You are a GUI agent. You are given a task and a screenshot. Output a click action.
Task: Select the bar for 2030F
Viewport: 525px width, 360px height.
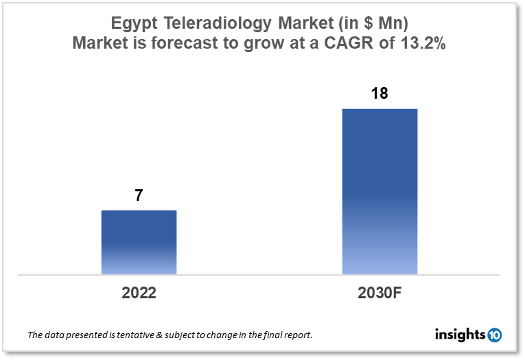[x=380, y=191]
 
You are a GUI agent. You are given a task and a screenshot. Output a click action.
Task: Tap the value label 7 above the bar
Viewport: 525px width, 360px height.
[x=139, y=195]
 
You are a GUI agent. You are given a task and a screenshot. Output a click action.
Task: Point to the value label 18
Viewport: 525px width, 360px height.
[x=380, y=93]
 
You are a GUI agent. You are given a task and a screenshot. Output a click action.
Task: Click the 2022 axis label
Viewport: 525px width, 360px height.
[x=139, y=293]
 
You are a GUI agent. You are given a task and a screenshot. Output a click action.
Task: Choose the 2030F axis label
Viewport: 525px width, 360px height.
[x=380, y=293]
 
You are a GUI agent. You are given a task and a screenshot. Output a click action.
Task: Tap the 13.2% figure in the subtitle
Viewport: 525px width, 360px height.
[x=423, y=43]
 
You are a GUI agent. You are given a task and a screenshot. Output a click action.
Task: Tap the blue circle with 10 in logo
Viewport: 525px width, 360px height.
[x=494, y=335]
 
